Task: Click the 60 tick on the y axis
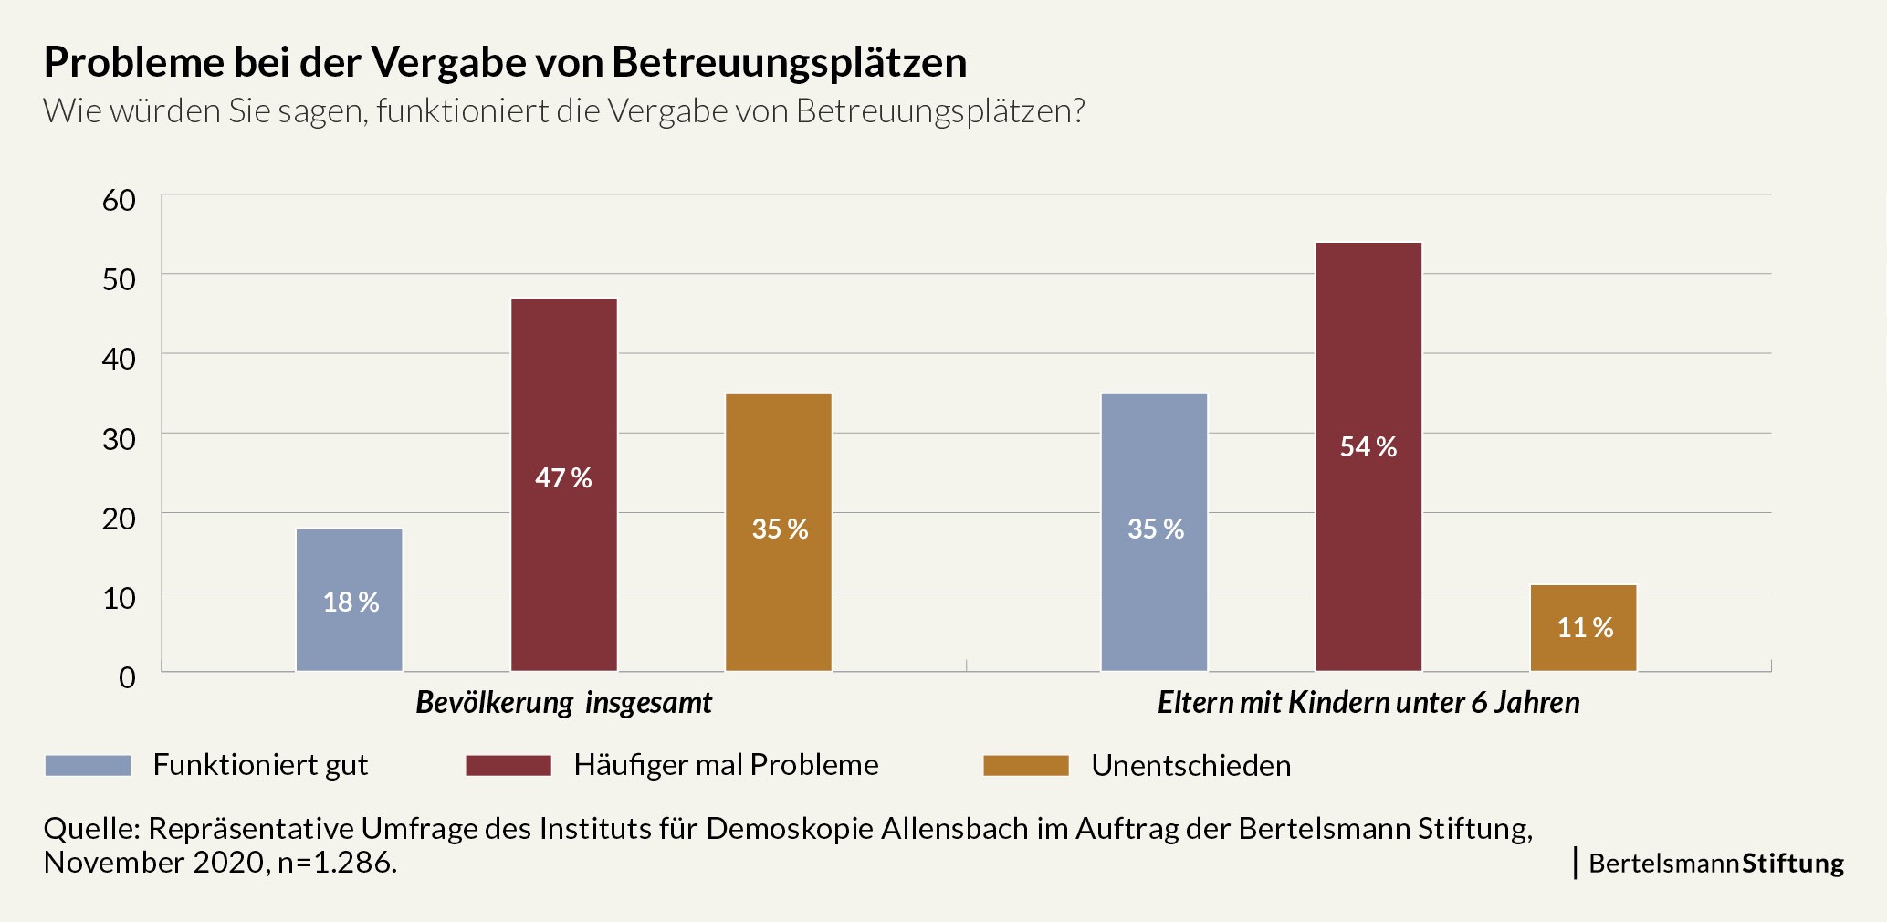click(x=119, y=200)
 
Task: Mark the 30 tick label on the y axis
click(x=119, y=439)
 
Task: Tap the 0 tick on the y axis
click(x=127, y=677)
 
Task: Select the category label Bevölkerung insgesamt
click(x=564, y=702)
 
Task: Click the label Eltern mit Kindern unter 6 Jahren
click(x=1368, y=702)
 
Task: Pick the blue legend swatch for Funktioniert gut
click(x=88, y=765)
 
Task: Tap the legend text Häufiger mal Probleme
click(x=726, y=765)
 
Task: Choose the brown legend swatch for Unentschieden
click(x=1025, y=765)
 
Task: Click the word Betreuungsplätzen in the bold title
click(x=789, y=62)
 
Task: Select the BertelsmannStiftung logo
click(x=1715, y=863)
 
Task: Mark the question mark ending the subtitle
click(x=1078, y=111)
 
